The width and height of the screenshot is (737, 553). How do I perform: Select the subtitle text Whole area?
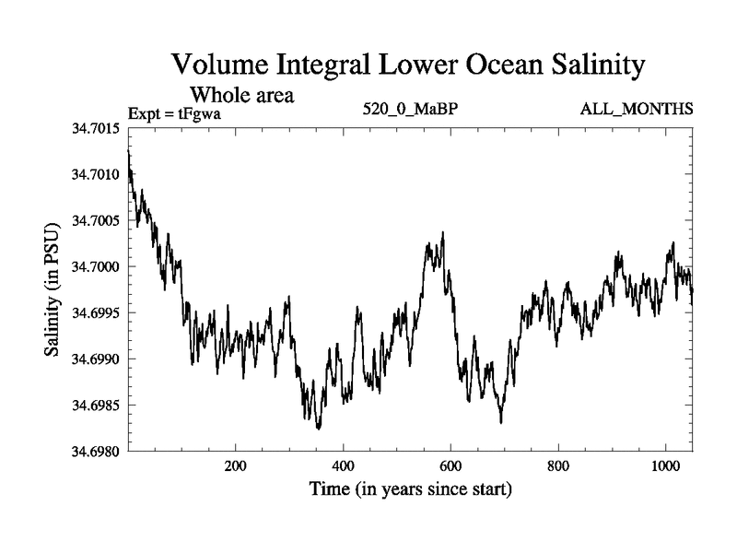[x=241, y=94]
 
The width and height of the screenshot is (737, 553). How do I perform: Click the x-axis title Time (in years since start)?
[x=409, y=489]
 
